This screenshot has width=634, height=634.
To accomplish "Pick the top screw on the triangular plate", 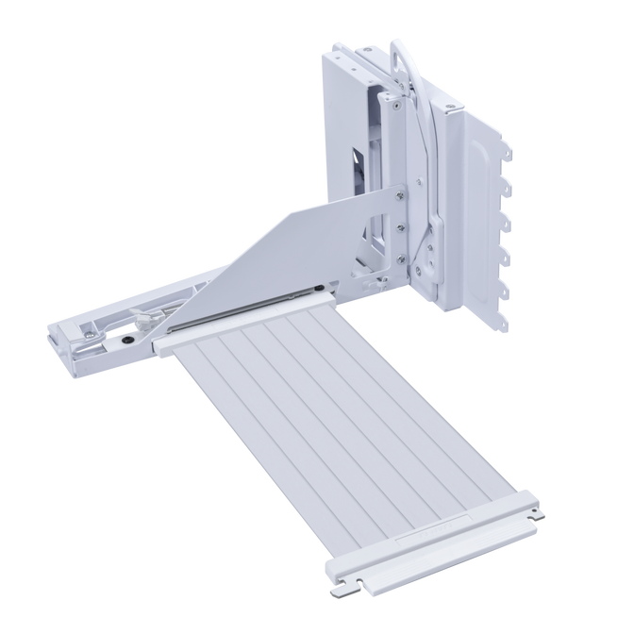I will click(403, 195).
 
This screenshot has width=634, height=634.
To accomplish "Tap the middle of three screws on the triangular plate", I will click(401, 227).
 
